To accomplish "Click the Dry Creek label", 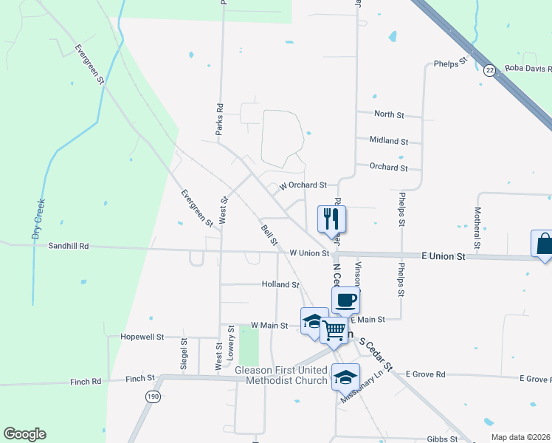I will click(x=38, y=219).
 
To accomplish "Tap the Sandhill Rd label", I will click(x=69, y=246).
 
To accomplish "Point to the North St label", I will click(x=389, y=114).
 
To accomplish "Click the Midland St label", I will click(x=389, y=140).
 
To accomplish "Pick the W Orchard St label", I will click(x=303, y=185).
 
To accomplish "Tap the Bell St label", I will click(x=269, y=236).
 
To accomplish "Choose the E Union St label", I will click(x=444, y=256).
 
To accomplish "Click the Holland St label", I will click(x=280, y=284).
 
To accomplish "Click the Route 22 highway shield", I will click(x=489, y=70).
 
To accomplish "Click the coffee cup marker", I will click(x=345, y=300).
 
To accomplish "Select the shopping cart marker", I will click(x=334, y=330).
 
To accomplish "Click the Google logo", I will click(x=24, y=434).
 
